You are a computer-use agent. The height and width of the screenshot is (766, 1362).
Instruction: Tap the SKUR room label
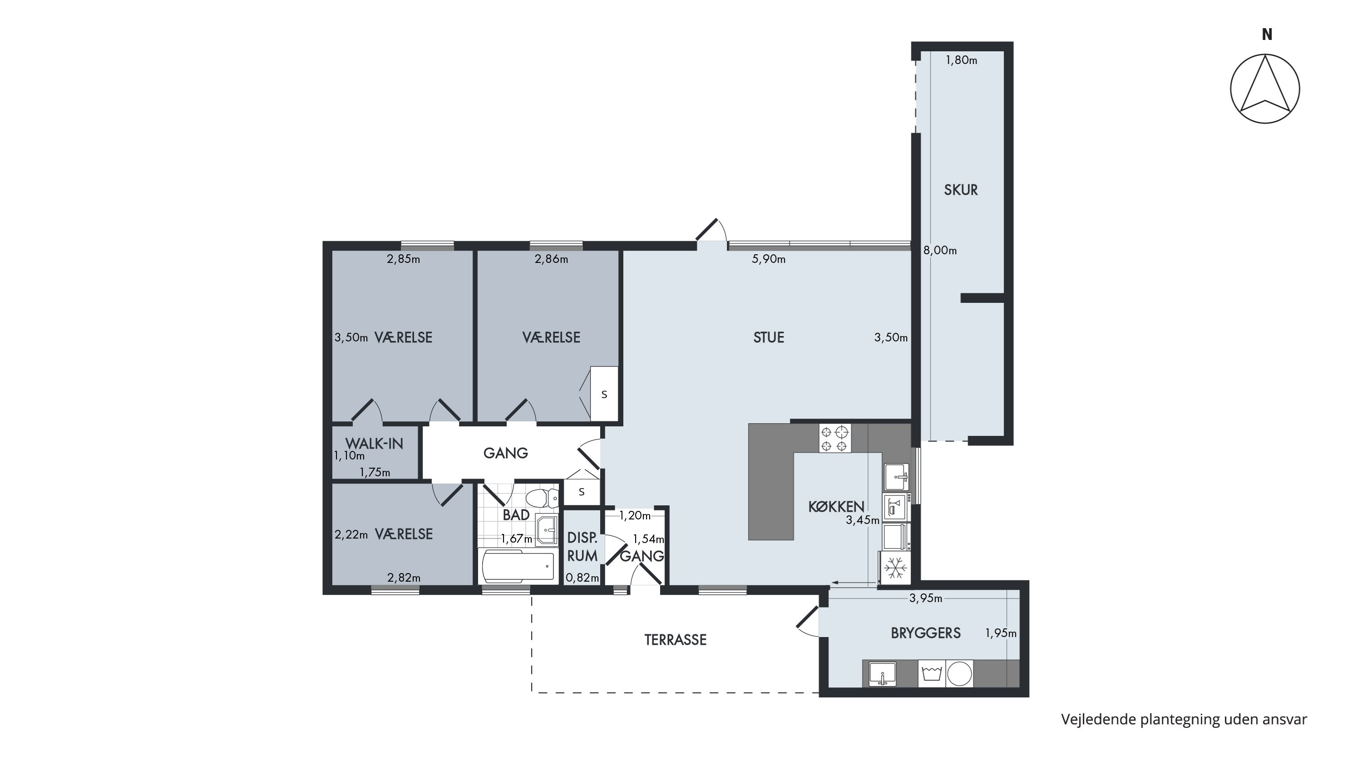[x=961, y=190]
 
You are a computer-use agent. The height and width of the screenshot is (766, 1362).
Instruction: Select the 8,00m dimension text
[x=940, y=251]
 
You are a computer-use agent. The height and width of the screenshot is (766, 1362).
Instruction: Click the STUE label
[x=769, y=337]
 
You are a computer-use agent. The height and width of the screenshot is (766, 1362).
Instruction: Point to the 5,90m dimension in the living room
[x=769, y=259]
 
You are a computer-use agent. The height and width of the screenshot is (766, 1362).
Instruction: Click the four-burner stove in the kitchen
[x=835, y=438]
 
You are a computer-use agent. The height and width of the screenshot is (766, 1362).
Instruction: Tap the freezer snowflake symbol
[x=895, y=568]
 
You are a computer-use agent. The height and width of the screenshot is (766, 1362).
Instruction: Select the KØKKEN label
[x=836, y=506]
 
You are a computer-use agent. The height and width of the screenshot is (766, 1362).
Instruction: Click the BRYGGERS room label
[x=926, y=633]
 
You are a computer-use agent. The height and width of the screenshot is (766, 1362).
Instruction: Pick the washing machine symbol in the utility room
[x=932, y=673]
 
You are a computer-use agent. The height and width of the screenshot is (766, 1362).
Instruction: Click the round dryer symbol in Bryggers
[x=960, y=674]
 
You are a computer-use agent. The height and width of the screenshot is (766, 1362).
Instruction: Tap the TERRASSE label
[x=675, y=640]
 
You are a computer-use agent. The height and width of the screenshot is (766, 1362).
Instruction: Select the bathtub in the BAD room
[x=518, y=566]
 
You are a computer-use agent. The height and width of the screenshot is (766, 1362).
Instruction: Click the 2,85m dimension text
[x=404, y=259]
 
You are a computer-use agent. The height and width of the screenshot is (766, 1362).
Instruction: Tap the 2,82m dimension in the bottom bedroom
[x=404, y=578]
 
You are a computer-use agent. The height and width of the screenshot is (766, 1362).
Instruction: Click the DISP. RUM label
[x=582, y=547]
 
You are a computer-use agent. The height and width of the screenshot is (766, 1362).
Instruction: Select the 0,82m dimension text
[x=582, y=578]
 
